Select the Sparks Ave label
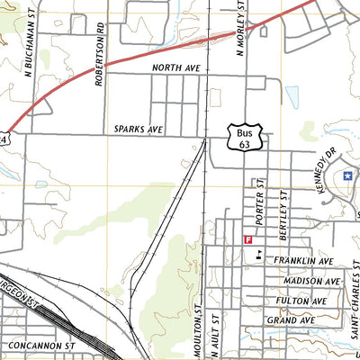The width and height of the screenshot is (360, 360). point(138,130)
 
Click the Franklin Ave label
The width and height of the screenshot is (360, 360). point(304,260)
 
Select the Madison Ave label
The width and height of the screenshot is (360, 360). point(304,281)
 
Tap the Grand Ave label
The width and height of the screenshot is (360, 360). point(296,320)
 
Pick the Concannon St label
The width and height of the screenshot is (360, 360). point(40,345)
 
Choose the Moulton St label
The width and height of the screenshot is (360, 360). point(195,329)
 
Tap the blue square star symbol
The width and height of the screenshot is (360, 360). point(347,176)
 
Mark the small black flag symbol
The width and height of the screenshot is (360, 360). point(258,253)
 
